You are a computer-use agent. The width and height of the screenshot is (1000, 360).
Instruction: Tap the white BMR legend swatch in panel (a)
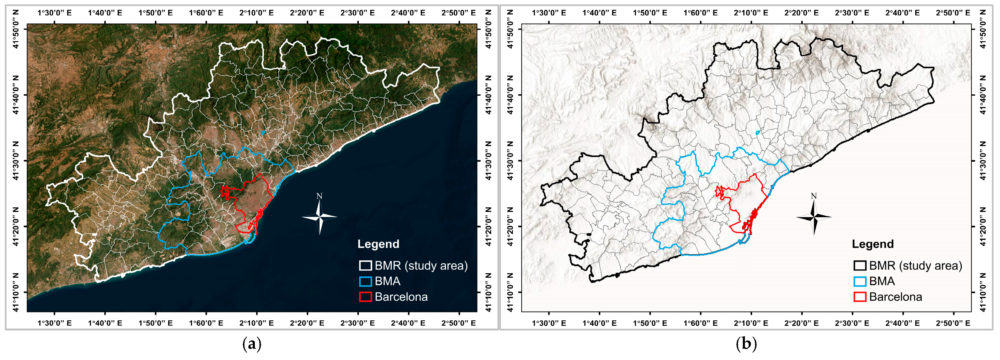click(365, 266)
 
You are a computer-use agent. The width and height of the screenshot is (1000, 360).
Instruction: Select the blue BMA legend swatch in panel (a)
click(365, 281)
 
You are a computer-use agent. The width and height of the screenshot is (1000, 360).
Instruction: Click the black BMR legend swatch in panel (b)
click(860, 266)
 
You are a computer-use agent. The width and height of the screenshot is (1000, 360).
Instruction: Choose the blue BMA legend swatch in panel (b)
click(860, 281)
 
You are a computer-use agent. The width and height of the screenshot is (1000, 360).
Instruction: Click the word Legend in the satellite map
click(378, 244)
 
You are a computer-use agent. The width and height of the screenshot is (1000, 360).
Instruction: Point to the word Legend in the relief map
click(873, 244)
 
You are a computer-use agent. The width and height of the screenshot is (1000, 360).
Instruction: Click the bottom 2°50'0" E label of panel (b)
click(953, 323)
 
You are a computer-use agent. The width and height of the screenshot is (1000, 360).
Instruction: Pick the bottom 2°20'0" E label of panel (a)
click(307, 323)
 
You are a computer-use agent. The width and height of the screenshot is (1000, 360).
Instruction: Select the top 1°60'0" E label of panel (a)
click(206, 13)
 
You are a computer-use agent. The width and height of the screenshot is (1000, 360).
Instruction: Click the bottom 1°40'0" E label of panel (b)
click(599, 323)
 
